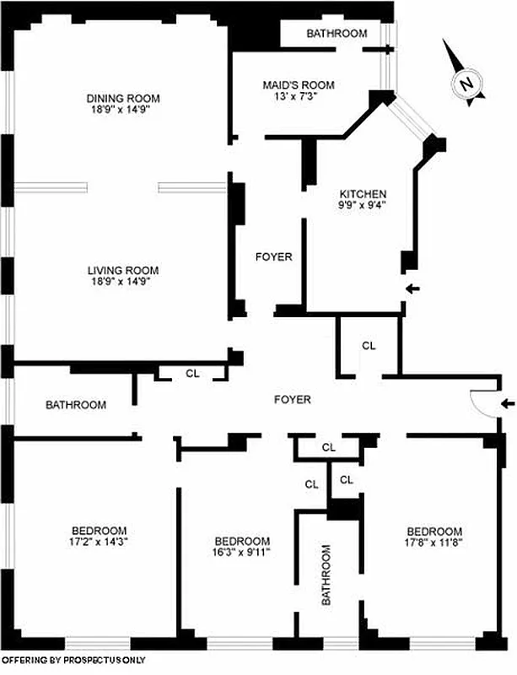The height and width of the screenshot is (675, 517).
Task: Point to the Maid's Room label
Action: pos(299,84)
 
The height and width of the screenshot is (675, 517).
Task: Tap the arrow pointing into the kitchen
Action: pos(412,290)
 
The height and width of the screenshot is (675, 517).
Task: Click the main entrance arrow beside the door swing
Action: pos(507,403)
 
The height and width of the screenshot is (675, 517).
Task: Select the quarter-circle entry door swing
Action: pos(480,405)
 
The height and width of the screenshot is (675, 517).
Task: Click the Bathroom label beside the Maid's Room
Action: pos(337,34)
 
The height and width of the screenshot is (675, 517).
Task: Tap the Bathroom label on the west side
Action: pos(76,405)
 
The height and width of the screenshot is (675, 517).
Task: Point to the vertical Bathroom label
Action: pos(328,575)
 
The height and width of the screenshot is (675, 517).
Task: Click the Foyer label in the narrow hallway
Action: pos(273,256)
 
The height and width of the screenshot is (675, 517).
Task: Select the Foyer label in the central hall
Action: pos(292,400)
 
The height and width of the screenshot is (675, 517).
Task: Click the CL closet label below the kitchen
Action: pos(369,345)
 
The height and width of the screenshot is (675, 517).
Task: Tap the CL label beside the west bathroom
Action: pos(191,374)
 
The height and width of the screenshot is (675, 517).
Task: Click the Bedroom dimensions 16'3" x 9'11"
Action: pos(242,553)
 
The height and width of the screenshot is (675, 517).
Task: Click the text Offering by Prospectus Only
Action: pos(74,661)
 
